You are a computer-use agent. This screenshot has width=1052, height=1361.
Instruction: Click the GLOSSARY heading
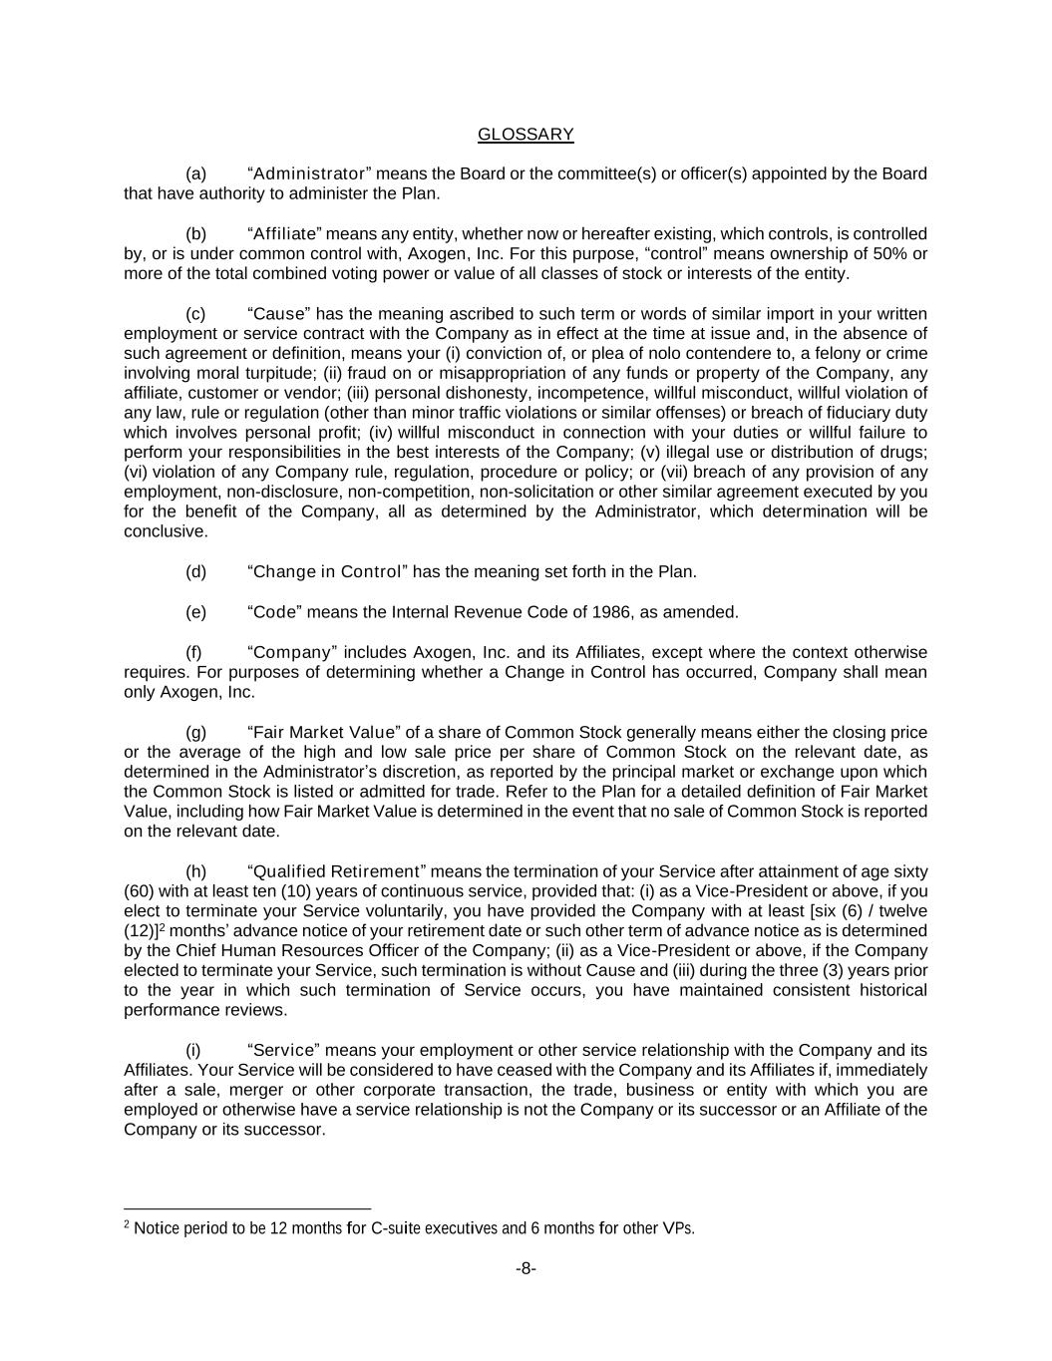526,135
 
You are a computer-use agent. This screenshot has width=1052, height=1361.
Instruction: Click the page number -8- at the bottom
526,1269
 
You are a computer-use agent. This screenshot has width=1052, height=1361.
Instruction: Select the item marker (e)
195,612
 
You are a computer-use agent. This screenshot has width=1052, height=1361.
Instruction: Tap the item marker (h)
195,871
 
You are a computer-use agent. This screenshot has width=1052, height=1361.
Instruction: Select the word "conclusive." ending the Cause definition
167,532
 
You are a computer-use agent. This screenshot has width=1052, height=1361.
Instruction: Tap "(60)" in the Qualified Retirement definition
139,891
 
